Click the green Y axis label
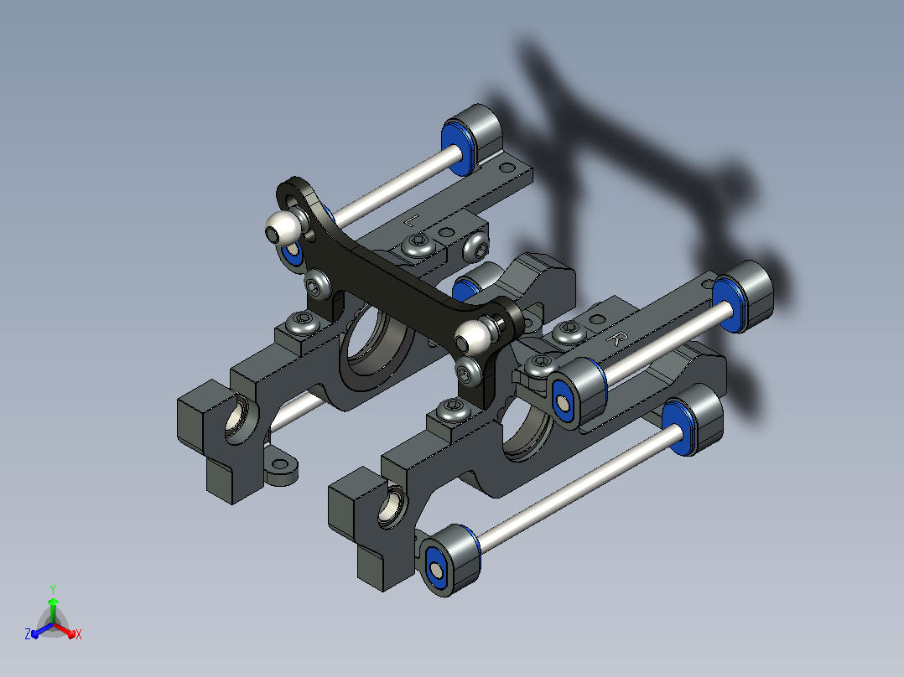53,590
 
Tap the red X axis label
79,634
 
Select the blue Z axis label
28,634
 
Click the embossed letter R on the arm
616,338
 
